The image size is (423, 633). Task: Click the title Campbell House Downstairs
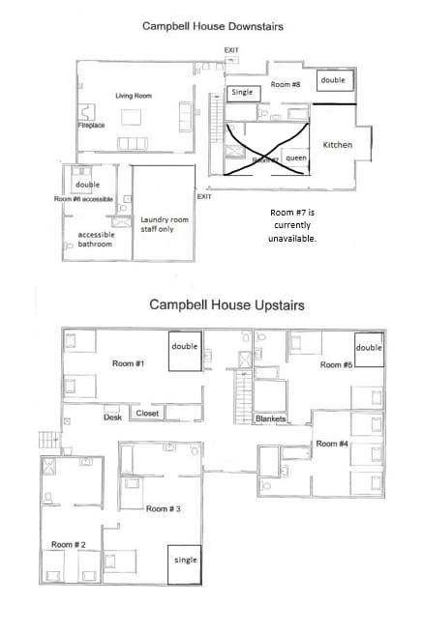point(211,27)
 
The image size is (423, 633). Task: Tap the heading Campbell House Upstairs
point(227,305)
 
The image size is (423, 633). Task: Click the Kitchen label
point(337,145)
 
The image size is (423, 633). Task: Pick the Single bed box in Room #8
point(241,92)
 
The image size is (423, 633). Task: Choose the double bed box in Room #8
point(334,81)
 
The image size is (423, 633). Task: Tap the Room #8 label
point(285,85)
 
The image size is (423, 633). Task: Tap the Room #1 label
point(128,363)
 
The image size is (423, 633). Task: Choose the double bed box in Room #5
point(368,348)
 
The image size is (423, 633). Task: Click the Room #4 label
point(332,444)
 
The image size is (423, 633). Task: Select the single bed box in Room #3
point(184,561)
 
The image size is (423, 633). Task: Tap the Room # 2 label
point(69,545)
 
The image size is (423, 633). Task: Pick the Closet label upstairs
point(147,414)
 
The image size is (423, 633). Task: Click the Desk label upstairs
point(112,417)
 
